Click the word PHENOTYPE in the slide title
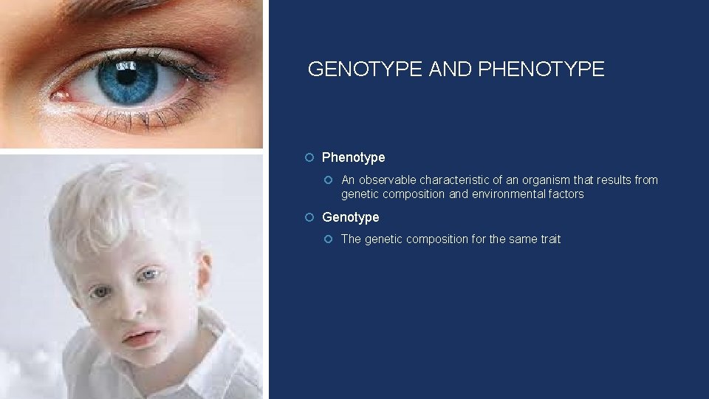click(x=541, y=69)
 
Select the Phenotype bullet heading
click(x=353, y=157)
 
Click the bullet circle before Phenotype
click(x=310, y=157)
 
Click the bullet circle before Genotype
click(x=310, y=217)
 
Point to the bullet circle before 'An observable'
click(x=329, y=180)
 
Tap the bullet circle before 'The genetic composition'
click(x=329, y=239)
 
